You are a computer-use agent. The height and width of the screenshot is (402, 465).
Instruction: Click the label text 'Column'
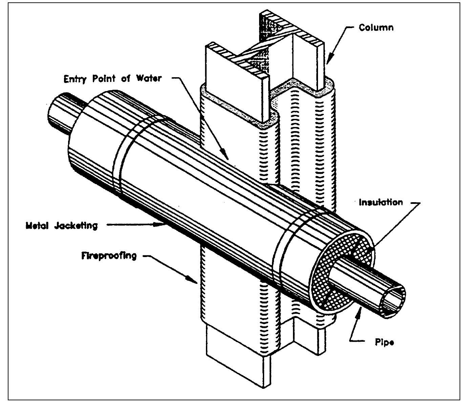376,27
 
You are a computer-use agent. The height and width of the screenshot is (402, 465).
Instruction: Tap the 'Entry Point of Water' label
113,79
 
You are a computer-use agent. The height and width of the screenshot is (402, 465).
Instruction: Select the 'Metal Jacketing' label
62,225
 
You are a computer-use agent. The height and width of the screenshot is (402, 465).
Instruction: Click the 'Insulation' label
381,203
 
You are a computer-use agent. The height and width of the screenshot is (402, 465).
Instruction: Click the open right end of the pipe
394,299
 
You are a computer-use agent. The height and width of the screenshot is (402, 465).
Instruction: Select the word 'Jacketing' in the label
76,225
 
